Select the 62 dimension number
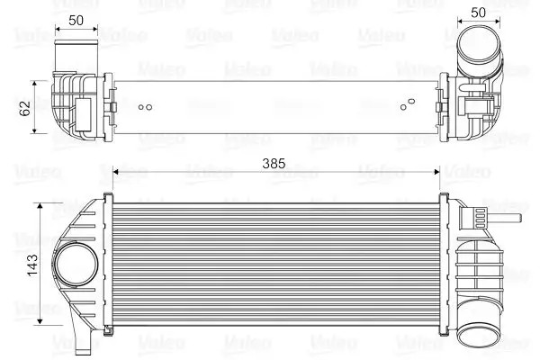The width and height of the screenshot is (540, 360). point(24,108)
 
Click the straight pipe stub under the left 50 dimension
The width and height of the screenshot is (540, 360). point(76,54)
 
